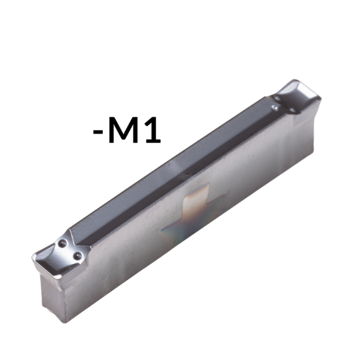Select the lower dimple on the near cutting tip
click(x=77, y=255)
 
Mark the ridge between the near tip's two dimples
click(x=69, y=249)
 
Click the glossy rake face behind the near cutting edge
click(x=52, y=259)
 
